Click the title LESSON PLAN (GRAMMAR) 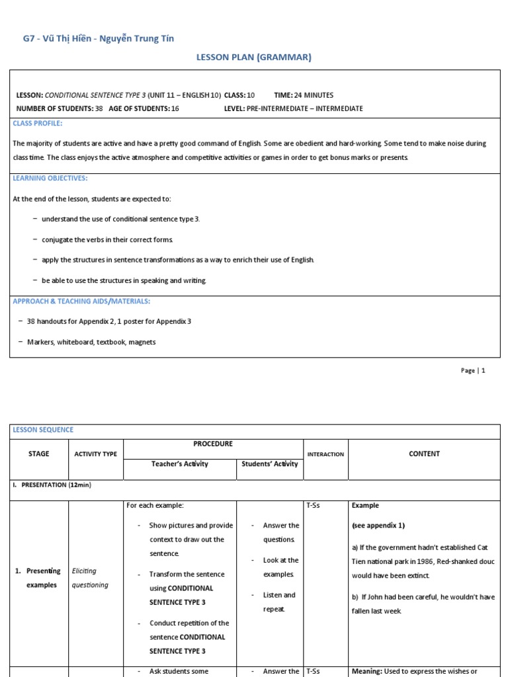click(x=253, y=58)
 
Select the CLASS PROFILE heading click(x=38, y=124)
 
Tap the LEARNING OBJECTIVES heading click(x=50, y=179)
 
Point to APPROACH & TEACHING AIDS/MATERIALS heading click(x=81, y=301)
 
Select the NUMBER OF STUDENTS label click(x=54, y=108)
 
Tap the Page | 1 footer click(x=473, y=371)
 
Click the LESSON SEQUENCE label click(x=44, y=430)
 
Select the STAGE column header click(x=39, y=454)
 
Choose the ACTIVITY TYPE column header click(x=95, y=454)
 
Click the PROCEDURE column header click(x=212, y=444)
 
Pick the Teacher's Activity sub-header click(x=179, y=464)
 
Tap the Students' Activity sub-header click(x=269, y=464)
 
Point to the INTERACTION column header click(x=325, y=454)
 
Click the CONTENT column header click(x=424, y=454)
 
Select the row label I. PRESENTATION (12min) click(x=52, y=485)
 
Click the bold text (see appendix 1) click(x=378, y=526)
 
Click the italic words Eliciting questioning click(x=90, y=578)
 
